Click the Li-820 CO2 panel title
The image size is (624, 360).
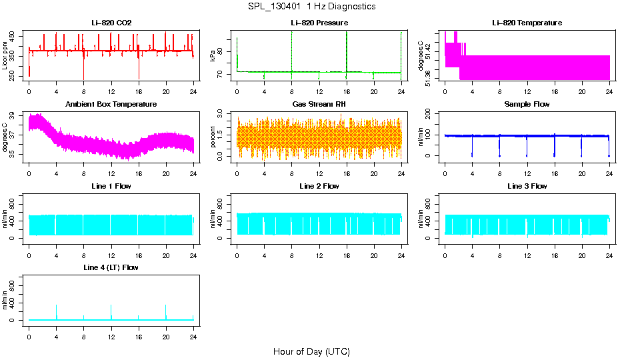111,23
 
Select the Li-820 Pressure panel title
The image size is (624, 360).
319,23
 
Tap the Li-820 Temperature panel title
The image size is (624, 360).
527,23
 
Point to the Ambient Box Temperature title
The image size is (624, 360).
111,105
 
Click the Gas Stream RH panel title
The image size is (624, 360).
319,105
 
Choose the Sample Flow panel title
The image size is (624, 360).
527,105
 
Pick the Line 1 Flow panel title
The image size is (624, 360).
111,186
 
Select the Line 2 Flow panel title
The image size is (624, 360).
319,186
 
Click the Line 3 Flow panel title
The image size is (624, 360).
527,186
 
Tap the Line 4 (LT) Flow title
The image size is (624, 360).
111,267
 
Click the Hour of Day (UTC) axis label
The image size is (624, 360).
311,351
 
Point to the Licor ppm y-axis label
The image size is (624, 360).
5,58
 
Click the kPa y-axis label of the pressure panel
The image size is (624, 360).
213,57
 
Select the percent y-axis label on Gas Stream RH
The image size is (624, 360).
213,137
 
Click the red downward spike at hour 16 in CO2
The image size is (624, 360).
139,70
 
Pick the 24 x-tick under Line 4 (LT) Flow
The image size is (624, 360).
193,331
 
